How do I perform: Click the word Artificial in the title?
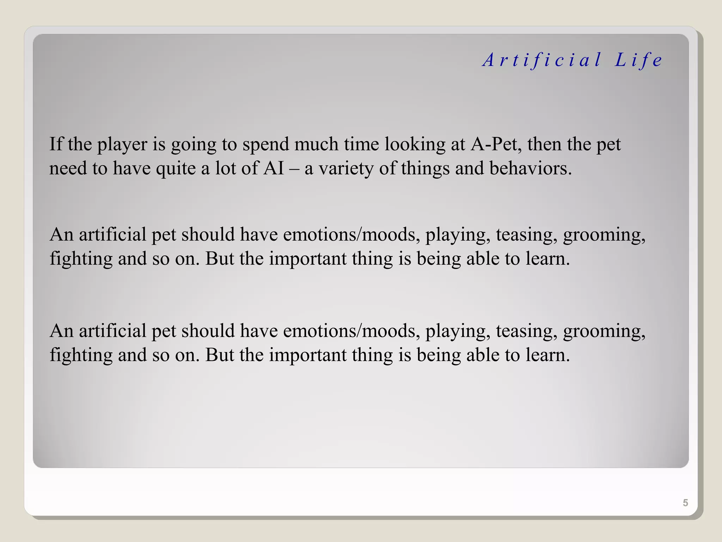click(542, 60)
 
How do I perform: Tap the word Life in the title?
click(638, 60)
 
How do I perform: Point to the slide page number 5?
click(685, 502)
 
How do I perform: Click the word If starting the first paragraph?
click(56, 144)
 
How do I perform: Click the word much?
click(316, 144)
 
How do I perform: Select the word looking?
click(415, 145)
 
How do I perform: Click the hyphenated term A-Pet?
click(496, 144)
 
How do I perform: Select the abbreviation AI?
click(274, 168)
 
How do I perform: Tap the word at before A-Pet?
click(458, 145)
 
